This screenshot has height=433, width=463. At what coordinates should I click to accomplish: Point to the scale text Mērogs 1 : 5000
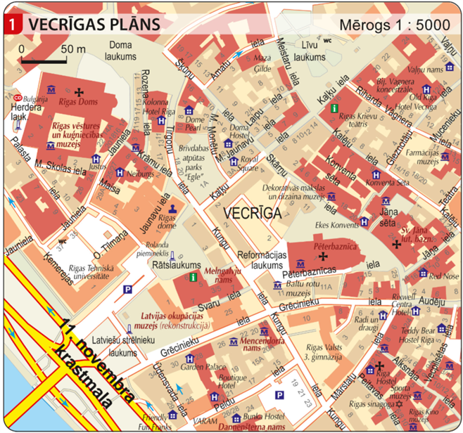[x=397, y=25]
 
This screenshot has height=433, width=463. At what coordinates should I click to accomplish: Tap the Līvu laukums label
[x=310, y=53]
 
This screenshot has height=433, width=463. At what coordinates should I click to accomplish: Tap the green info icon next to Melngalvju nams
[x=193, y=277]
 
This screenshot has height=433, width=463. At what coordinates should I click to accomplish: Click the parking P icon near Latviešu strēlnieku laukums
[x=128, y=289]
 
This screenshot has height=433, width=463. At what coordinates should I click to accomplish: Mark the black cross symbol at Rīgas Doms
[x=79, y=91]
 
